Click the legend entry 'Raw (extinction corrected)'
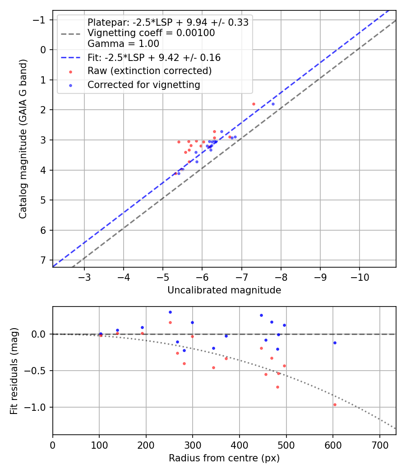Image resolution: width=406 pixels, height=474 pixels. (x=149, y=71)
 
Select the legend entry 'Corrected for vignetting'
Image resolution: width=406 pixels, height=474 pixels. (x=144, y=84)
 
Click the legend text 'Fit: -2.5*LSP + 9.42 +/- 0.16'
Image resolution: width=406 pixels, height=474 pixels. (x=154, y=58)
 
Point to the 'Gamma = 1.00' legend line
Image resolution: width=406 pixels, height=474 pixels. (x=123, y=44)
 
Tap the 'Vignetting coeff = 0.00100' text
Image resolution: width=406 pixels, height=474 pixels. (x=151, y=33)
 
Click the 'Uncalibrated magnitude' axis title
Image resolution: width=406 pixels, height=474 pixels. (x=224, y=290)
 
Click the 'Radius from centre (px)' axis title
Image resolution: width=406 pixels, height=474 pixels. (x=224, y=458)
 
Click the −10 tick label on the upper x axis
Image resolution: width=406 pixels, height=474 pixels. (x=359, y=276)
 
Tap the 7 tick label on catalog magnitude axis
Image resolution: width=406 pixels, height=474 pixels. (x=43, y=260)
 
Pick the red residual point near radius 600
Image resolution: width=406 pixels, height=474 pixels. (x=335, y=404)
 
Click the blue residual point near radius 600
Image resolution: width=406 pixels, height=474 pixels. (x=335, y=343)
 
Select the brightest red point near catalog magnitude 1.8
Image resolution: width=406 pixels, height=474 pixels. (x=254, y=104)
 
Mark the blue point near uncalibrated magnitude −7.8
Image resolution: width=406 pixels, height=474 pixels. (x=273, y=104)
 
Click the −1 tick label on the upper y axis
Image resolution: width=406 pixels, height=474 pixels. (x=40, y=20)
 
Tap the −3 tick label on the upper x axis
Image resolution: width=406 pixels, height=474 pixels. (x=84, y=276)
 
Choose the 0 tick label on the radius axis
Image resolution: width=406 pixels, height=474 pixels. (x=53, y=444)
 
